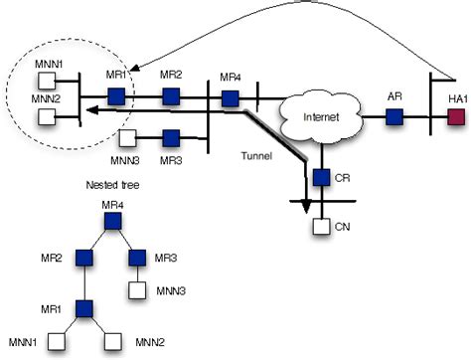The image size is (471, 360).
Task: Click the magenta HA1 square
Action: coord(456,117)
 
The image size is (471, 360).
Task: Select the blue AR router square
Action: coord(393,117)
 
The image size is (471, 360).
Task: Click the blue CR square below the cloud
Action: coord(321,179)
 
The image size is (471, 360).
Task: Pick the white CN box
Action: coord(321,227)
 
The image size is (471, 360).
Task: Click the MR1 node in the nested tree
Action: coord(83,308)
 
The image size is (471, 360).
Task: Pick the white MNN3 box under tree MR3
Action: coord(139,292)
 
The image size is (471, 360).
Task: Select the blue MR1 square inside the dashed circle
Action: coord(116,97)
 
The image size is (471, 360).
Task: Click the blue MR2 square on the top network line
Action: coord(171,97)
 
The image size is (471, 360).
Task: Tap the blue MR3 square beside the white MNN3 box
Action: coord(171,137)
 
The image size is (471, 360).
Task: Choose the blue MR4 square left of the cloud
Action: coord(230,97)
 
